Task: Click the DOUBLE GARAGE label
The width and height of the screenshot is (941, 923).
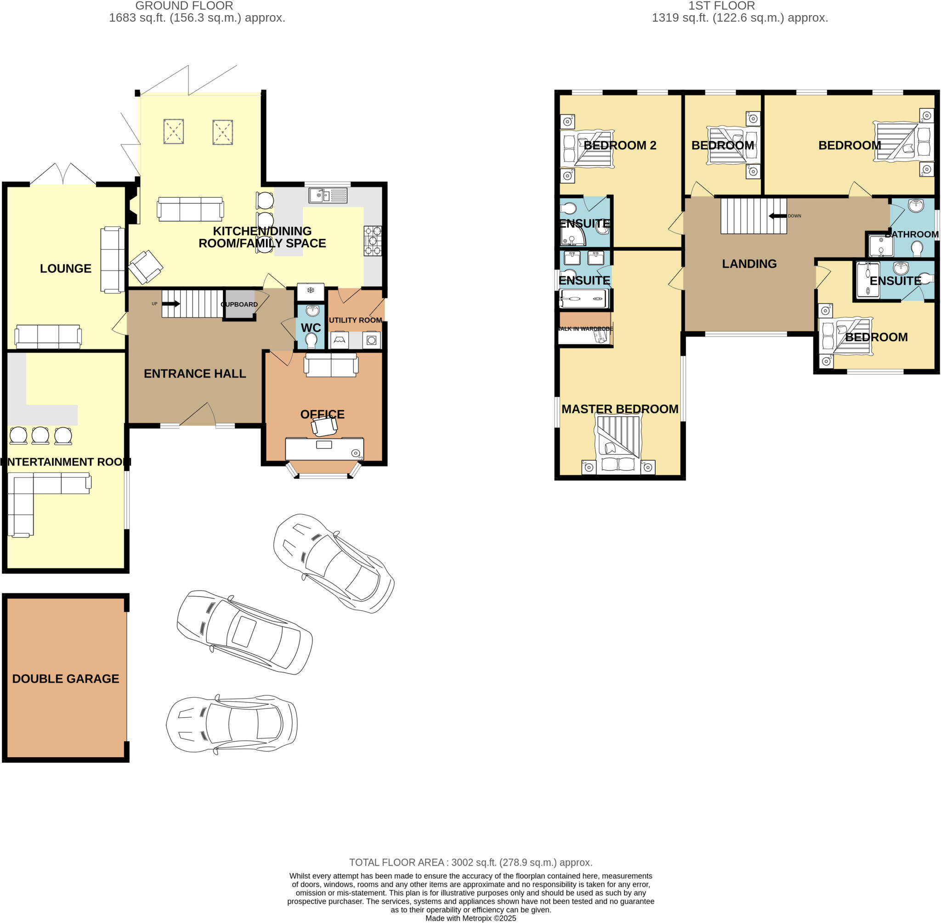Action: coord(66,679)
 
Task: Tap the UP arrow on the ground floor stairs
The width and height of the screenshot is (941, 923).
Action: coord(170,304)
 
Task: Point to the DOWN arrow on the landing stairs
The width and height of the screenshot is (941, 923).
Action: coord(777,216)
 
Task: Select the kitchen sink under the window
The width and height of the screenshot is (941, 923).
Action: coord(328,195)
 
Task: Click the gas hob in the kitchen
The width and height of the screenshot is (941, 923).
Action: coord(373,241)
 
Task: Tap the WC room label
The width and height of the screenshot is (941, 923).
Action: coord(311,328)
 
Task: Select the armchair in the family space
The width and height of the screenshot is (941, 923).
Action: coord(146,267)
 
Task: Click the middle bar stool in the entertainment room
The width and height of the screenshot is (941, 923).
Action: coord(40,435)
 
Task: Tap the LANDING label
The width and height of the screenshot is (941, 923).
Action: coord(749,264)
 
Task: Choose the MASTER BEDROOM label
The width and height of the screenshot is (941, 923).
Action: coord(620,409)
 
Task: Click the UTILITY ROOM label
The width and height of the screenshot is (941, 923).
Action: coord(356,321)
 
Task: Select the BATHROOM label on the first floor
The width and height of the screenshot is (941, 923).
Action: coord(912,235)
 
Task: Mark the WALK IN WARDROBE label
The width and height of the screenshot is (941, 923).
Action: coord(585,329)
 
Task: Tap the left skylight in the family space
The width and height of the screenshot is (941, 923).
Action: coord(174,131)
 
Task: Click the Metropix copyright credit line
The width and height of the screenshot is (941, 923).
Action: coord(470,918)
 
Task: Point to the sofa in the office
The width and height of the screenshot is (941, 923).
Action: coord(331,365)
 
